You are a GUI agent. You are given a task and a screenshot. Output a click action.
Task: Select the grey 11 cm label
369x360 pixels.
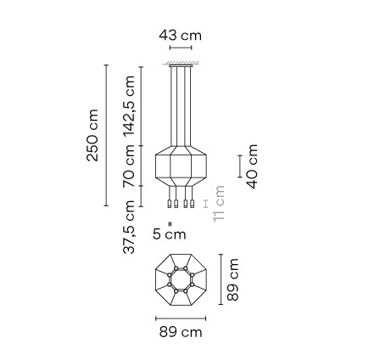pyautogui.click(x=220, y=204)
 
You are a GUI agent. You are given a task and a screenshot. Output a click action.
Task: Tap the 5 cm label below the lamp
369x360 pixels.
pyautogui.click(x=174, y=232)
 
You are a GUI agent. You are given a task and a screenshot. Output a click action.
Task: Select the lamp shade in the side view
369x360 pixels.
pyautogui.click(x=180, y=167)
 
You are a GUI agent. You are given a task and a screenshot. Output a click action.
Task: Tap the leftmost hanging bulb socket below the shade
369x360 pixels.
pyautogui.click(x=170, y=205)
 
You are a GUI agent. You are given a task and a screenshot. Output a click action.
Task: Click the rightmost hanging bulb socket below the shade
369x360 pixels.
pyautogui.click(x=192, y=205)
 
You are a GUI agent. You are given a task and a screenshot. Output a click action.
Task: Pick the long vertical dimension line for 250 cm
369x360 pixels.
pyautogui.click(x=105, y=136)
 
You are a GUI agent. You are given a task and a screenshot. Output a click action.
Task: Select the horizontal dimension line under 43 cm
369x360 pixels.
pyautogui.click(x=181, y=49)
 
